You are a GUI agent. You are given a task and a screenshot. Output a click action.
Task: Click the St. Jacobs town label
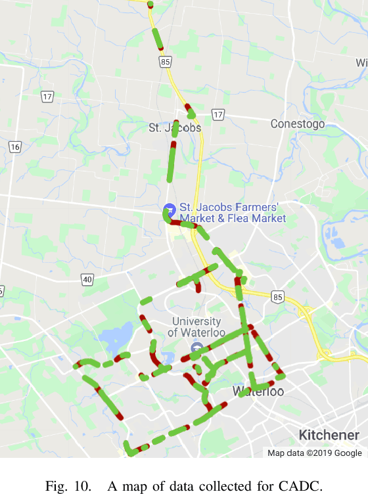[175, 127]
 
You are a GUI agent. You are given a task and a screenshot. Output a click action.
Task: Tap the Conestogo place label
[297, 123]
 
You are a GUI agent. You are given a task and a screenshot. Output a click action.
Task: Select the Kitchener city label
[329, 435]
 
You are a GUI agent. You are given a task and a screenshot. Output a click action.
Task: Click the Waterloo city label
[258, 392]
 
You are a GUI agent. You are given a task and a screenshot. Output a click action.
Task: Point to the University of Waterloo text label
[196, 326]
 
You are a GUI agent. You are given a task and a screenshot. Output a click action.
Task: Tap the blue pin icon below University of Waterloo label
[196, 347]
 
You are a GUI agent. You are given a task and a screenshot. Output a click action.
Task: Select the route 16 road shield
[15, 146]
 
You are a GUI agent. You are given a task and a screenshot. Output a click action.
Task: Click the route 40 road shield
[87, 279]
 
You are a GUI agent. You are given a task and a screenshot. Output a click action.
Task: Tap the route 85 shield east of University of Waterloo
[279, 298]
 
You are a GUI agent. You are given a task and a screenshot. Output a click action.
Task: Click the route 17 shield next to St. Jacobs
[218, 115]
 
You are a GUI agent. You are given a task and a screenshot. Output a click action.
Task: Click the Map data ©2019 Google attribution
[314, 453]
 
